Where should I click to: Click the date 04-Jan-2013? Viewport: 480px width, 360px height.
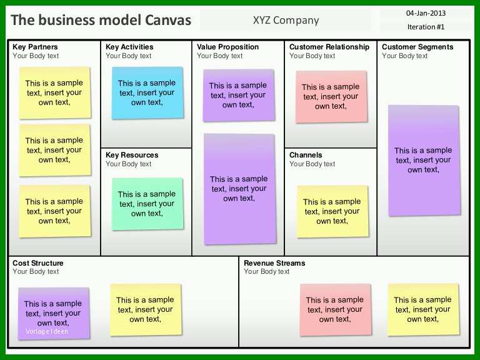click(426, 13)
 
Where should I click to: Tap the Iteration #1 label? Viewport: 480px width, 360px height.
click(426, 27)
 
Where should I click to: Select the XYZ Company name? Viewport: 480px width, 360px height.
click(286, 20)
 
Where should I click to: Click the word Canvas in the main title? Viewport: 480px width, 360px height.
click(168, 20)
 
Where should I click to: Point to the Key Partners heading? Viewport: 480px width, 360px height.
click(35, 47)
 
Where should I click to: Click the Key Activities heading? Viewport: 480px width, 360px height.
click(129, 47)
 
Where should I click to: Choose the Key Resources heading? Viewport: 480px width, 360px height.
click(132, 155)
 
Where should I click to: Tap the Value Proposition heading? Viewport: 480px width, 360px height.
click(227, 47)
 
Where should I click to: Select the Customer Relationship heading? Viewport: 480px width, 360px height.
click(329, 47)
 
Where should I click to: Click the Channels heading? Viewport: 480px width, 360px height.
click(306, 155)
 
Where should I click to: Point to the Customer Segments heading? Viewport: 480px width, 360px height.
click(417, 47)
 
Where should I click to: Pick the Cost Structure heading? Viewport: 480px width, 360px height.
click(38, 263)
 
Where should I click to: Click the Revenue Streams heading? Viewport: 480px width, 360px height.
click(274, 263)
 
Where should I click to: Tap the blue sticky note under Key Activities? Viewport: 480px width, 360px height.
click(147, 92)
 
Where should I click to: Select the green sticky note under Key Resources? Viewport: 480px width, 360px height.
click(147, 204)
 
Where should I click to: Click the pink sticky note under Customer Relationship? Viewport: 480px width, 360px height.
click(331, 97)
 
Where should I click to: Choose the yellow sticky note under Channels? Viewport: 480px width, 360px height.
click(332, 211)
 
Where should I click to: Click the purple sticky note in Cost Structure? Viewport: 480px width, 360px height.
click(54, 314)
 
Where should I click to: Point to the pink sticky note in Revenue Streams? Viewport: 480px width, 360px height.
click(335, 309)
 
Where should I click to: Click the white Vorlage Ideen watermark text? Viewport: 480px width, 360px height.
click(47, 331)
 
